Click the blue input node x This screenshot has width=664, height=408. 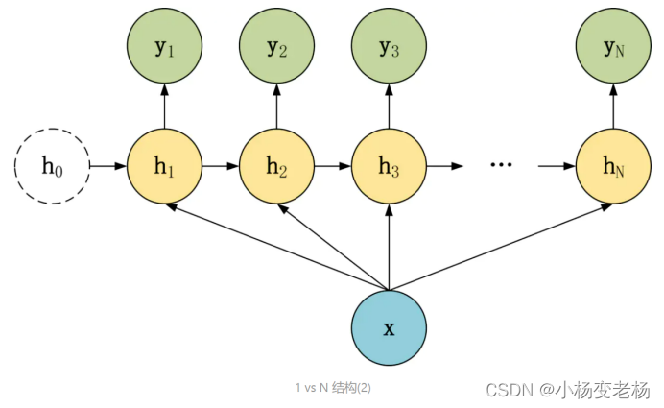point(389,328)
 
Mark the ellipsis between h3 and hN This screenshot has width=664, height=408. point(501,165)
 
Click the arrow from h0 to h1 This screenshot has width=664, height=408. point(107,166)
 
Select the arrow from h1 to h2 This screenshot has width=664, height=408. point(220,166)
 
